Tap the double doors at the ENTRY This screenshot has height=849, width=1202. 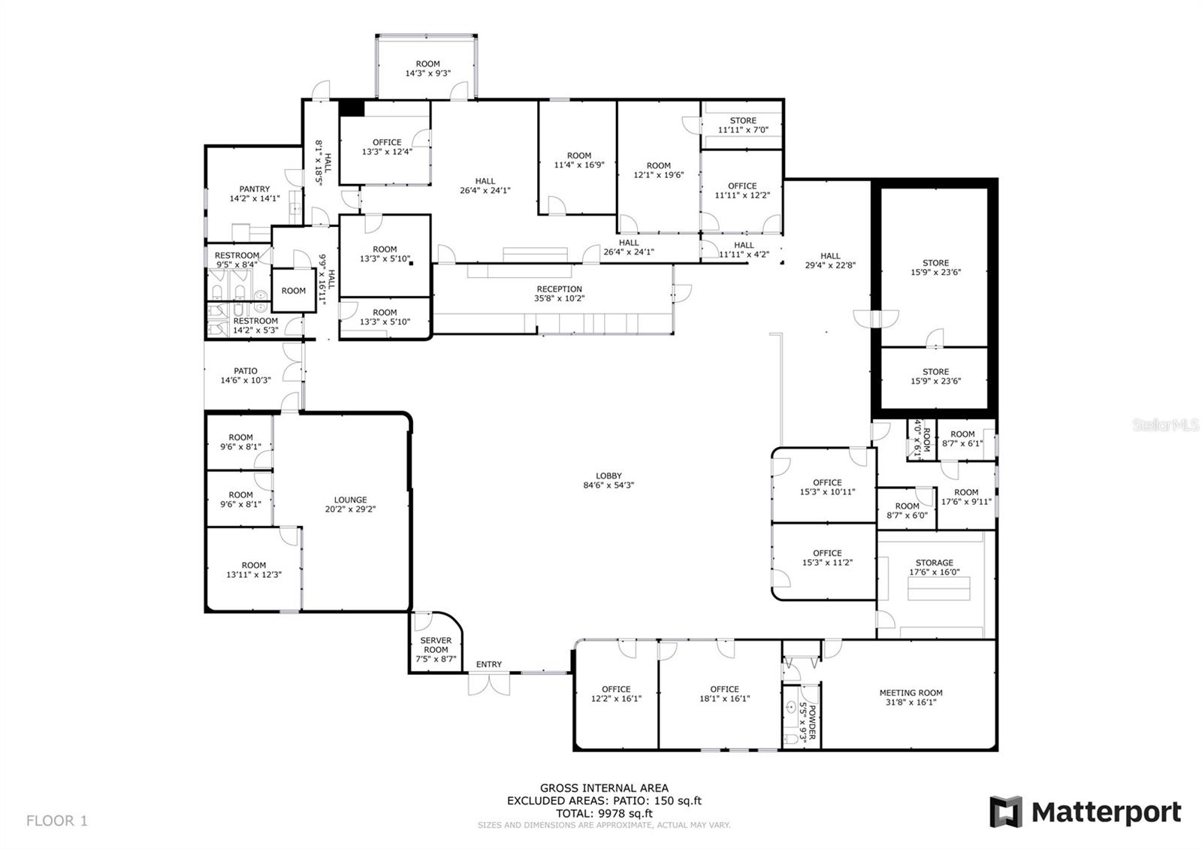tap(488, 684)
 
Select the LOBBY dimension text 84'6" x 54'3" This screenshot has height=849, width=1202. tap(609, 485)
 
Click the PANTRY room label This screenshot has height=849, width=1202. tap(255, 189)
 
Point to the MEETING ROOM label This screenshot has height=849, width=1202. tap(911, 693)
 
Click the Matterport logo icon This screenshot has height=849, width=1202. tap(1006, 812)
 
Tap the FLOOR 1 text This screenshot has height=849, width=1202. tap(57, 820)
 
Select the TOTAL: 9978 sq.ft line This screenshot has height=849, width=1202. tap(604, 813)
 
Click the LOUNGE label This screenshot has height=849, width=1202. tap(350, 500)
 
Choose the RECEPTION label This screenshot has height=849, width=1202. tap(559, 289)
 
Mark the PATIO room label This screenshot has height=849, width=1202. tap(246, 371)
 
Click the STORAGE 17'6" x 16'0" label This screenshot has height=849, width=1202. tap(934, 563)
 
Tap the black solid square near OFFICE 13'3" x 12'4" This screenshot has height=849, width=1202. tap(351, 108)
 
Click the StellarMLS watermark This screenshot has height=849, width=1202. tap(1166, 426)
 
